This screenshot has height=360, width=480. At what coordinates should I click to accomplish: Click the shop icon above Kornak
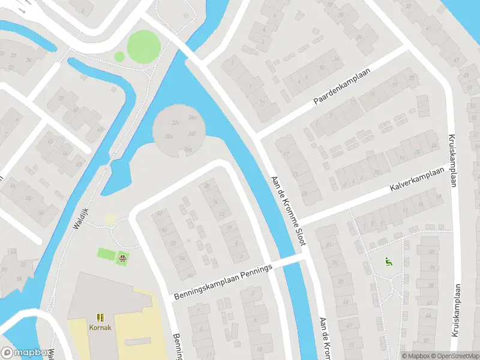pos(100,317)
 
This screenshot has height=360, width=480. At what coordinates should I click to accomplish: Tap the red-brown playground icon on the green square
pos(123,259)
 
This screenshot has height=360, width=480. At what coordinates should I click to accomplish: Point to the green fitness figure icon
pos(388,262)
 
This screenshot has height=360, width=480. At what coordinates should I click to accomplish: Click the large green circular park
pos(143,45)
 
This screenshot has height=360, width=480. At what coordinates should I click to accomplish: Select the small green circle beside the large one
pos(119,56)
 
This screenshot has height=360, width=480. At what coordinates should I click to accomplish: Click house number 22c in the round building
pos(176,122)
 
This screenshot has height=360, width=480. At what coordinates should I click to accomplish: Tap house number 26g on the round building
pos(188,149)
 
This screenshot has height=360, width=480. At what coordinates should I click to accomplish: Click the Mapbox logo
pos(25,353)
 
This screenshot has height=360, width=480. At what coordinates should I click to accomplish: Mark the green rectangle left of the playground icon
pos(106,254)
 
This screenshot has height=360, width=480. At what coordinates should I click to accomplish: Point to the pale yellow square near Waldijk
pos(111,220)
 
